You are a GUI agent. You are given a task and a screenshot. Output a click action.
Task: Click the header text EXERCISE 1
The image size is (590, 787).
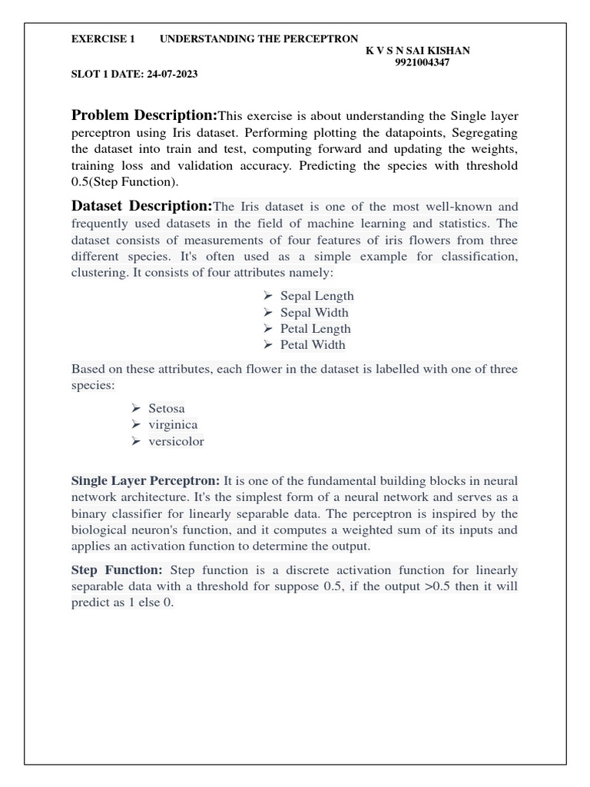point(103,38)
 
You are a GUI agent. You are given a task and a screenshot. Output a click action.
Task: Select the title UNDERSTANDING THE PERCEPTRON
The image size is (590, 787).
point(259,38)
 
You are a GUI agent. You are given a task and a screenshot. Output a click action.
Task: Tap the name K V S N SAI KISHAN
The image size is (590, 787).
point(418,51)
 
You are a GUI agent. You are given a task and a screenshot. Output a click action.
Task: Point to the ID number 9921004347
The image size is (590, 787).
point(422,63)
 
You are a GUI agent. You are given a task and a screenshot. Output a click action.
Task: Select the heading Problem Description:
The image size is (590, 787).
point(144,115)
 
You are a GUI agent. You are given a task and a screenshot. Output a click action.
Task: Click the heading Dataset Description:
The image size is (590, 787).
point(141,206)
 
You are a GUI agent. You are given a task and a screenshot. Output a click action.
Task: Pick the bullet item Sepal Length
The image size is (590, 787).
point(317,296)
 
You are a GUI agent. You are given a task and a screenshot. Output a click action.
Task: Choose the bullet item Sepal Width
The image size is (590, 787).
point(313,312)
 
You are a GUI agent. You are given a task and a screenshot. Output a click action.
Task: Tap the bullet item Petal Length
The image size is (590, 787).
point(315,329)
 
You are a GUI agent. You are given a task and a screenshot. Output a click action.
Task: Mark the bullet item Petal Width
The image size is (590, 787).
point(313,345)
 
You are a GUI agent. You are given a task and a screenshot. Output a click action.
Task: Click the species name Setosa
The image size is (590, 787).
point(167,408)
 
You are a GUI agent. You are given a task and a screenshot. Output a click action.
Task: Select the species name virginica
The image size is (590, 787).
point(173,424)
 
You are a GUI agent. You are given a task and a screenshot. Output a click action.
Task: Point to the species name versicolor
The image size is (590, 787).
point(176,441)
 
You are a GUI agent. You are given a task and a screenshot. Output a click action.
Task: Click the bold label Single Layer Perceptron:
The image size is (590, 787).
point(145,480)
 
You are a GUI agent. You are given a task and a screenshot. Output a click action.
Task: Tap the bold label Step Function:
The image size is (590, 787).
point(117,569)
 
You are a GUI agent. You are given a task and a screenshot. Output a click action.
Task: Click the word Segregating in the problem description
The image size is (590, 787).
point(482,133)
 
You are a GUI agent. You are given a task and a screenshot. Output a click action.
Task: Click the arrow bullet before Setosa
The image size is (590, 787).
point(137,408)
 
